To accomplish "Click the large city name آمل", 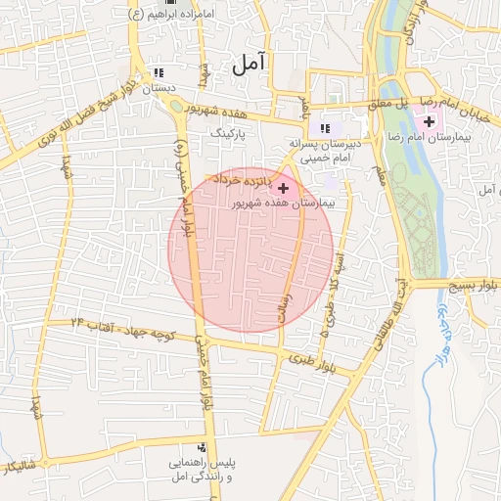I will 250,66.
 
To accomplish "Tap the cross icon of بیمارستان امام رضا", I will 430,120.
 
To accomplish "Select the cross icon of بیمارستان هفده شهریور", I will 284,188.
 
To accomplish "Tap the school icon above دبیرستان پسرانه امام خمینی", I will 325,128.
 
